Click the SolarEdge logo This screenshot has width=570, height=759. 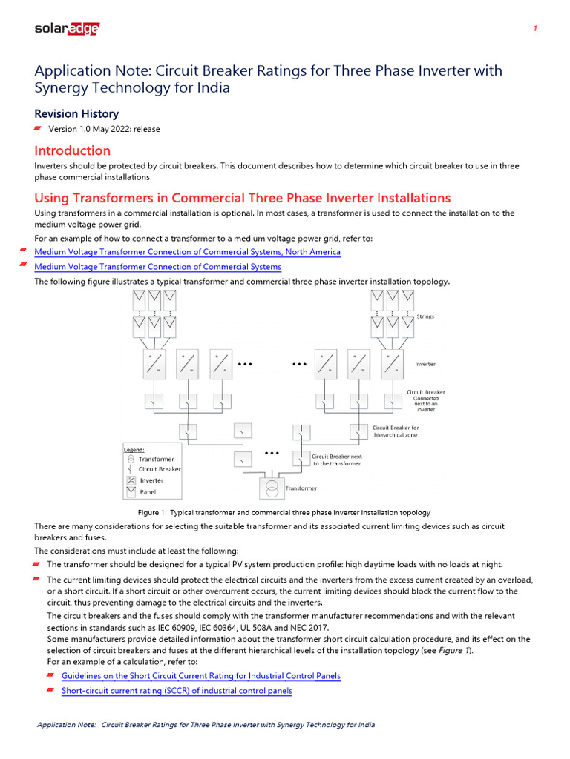pyautogui.click(x=67, y=29)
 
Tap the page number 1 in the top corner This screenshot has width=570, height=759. pyautogui.click(x=535, y=29)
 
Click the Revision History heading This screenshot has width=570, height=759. pyautogui.click(x=76, y=113)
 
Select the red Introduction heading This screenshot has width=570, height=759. pyautogui.click(x=73, y=150)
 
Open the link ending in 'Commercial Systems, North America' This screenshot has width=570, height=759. pyautogui.click(x=188, y=252)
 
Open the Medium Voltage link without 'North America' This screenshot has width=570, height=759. pyautogui.click(x=158, y=267)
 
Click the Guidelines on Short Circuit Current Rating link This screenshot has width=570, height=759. pyautogui.click(x=201, y=676)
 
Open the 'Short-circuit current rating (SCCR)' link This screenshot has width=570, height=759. pyautogui.click(x=177, y=691)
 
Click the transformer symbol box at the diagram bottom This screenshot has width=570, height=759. pyautogui.click(x=272, y=488)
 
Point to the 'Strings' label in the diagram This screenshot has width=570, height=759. pyautogui.click(x=425, y=316)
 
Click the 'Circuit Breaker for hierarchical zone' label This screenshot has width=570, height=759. pyautogui.click(x=396, y=431)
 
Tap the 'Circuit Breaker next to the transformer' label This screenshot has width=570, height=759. pyautogui.click(x=337, y=460)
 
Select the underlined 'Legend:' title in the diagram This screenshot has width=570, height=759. pyautogui.click(x=134, y=449)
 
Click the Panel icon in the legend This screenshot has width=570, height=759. pyautogui.click(x=131, y=491)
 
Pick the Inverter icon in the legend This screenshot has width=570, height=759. pyautogui.click(x=131, y=480)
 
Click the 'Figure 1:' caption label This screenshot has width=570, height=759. pyautogui.click(x=153, y=513)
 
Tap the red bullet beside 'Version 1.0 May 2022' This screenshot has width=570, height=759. pyautogui.click(x=39, y=129)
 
